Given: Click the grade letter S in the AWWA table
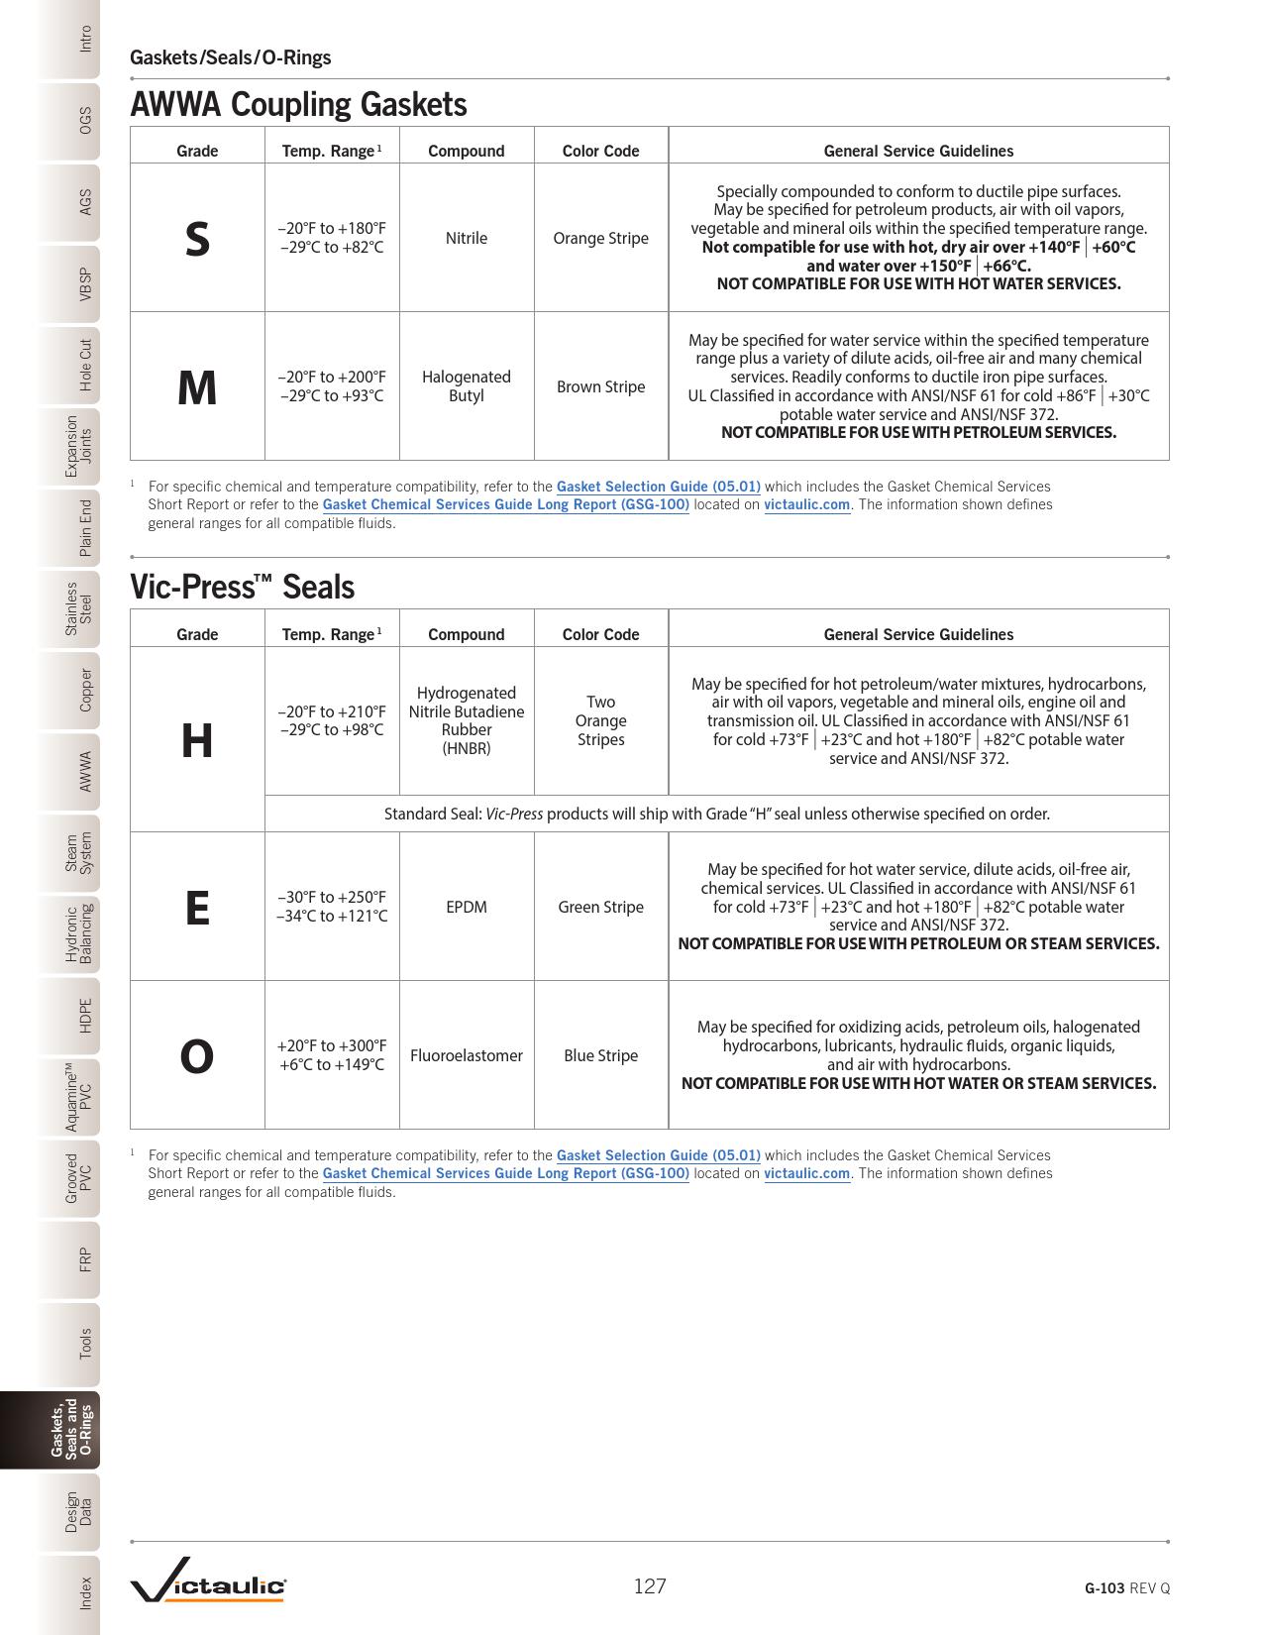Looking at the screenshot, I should coord(197,239).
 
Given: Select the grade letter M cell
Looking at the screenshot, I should coord(197,387).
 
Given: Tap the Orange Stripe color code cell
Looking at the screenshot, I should coord(600,238).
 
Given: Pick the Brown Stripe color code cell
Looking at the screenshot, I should coord(600,386).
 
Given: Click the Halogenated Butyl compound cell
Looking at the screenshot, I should coord(466,386).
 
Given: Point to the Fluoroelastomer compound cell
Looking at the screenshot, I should coord(466,1055).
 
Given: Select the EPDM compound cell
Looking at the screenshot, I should coord(466,907).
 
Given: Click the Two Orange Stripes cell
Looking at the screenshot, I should coord(600,720).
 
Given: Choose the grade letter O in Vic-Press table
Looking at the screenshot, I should coord(197,1056).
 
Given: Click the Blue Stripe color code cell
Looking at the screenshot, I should coord(600,1055).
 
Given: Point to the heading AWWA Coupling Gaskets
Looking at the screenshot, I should coord(298,104).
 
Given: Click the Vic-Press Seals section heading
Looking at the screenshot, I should coord(242,587).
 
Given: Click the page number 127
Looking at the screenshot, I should coord(650,1586).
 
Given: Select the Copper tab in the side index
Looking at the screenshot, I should coord(85,690).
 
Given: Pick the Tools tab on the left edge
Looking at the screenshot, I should coord(85,1343).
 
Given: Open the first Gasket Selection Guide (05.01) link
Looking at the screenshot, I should coord(659,487).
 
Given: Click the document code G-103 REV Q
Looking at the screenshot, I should coord(1126,1587).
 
